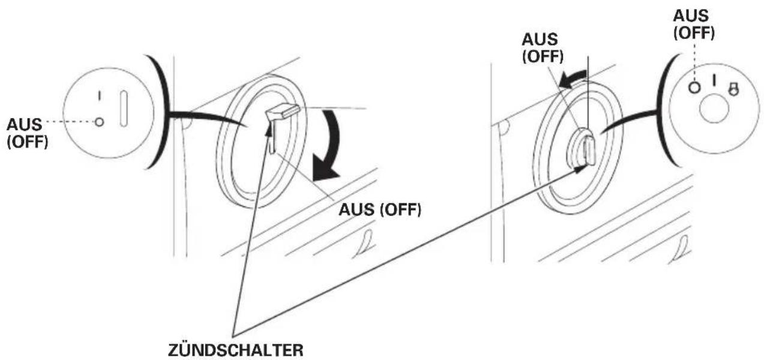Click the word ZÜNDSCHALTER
click(x=236, y=350)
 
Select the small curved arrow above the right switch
click(x=573, y=79)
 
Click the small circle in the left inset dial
click(x=99, y=122)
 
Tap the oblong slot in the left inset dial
click(x=124, y=109)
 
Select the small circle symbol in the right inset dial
click(x=694, y=87)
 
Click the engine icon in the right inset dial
click(x=733, y=89)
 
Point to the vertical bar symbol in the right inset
click(x=714, y=80)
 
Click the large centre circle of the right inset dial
click(x=714, y=109)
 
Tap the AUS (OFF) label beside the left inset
click(x=27, y=133)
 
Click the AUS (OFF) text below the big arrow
click(x=380, y=209)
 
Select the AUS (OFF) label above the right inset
click(x=694, y=24)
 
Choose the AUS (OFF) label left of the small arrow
click(x=543, y=48)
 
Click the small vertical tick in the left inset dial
click(x=99, y=96)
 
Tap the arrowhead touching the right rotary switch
click(x=581, y=169)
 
